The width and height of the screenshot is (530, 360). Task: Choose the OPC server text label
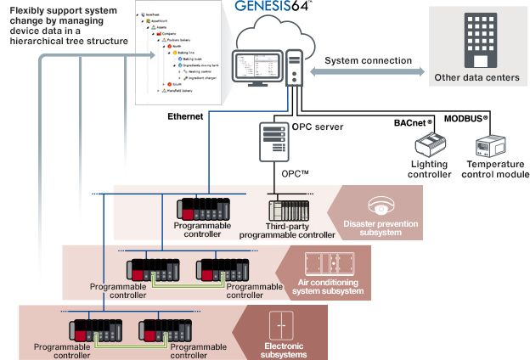click(x=318, y=127)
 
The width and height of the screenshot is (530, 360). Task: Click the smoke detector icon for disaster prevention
click(x=379, y=205)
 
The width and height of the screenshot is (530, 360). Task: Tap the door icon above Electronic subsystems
click(x=279, y=327)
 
